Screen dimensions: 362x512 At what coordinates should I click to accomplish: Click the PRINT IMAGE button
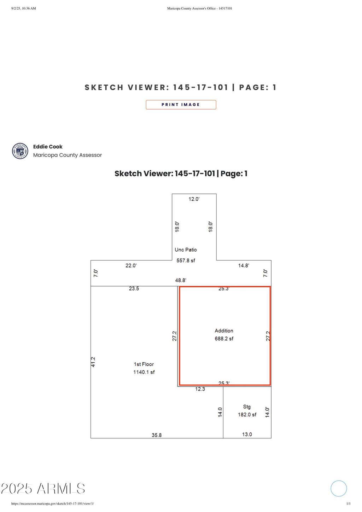pos(181,105)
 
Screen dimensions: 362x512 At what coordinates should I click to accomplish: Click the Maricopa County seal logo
pos(20,151)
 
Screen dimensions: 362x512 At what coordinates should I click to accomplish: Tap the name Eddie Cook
pos(48,147)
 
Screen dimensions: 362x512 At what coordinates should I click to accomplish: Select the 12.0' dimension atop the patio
pos(194,199)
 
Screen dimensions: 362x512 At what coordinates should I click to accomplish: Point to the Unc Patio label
pos(186,249)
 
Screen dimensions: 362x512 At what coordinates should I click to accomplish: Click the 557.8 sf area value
pos(186,260)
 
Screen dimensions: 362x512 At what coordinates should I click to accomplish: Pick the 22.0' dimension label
pos(131,265)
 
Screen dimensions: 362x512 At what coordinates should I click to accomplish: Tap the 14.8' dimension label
pos(244,265)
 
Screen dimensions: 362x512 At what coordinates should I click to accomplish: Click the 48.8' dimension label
pos(181,280)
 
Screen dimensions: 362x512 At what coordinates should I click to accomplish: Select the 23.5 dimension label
pos(134,288)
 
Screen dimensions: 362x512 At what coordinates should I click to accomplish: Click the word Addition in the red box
pos(224,330)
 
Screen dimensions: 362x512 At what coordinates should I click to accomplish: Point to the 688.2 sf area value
pos(224,339)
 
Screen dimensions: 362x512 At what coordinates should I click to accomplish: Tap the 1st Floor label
pos(144,364)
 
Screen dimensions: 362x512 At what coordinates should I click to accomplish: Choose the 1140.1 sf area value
pos(144,372)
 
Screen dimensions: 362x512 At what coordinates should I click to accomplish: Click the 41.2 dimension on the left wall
pos(93,362)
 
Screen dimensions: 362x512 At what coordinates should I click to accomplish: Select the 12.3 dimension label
pos(200,389)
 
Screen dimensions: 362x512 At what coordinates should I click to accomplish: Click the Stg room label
pos(247,407)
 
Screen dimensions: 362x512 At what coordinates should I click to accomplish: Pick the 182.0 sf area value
pos(247,414)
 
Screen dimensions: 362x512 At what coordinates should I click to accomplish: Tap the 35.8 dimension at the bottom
pos(157,435)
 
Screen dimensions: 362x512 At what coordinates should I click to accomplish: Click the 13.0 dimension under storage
pos(247,434)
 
